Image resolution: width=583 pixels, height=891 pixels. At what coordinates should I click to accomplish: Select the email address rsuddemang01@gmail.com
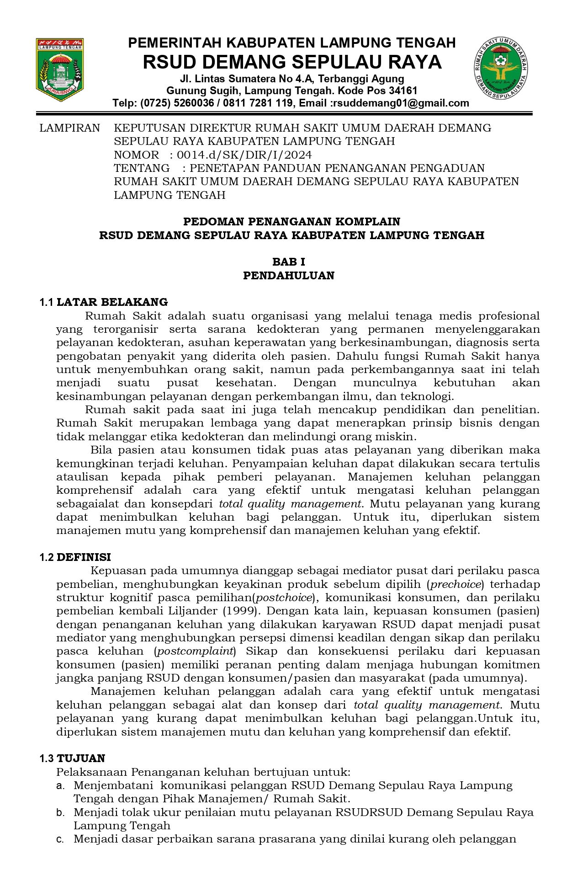401,103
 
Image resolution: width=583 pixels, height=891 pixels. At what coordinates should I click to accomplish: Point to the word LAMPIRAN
69,128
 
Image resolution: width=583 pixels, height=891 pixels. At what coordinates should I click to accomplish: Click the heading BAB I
288,262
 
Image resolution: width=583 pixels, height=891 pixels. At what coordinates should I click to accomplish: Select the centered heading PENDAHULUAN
288,276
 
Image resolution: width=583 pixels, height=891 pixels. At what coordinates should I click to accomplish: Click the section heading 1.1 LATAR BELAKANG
104,302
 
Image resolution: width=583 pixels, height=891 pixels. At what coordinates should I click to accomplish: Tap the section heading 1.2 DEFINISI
75,557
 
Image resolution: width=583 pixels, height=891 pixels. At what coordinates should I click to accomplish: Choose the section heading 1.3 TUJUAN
72,758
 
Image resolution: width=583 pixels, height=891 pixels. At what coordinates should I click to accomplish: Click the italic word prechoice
456,584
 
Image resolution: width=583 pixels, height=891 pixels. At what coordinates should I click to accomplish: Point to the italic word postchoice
285,598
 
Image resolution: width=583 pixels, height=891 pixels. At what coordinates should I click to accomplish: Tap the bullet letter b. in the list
60,813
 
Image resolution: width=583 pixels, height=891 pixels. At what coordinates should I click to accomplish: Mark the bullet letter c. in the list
60,839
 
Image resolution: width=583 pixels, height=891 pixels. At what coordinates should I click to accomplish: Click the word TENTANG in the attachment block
141,168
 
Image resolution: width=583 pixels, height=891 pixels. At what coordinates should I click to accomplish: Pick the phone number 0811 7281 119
258,103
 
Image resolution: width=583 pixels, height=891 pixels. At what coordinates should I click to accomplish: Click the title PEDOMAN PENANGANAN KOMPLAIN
291,222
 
